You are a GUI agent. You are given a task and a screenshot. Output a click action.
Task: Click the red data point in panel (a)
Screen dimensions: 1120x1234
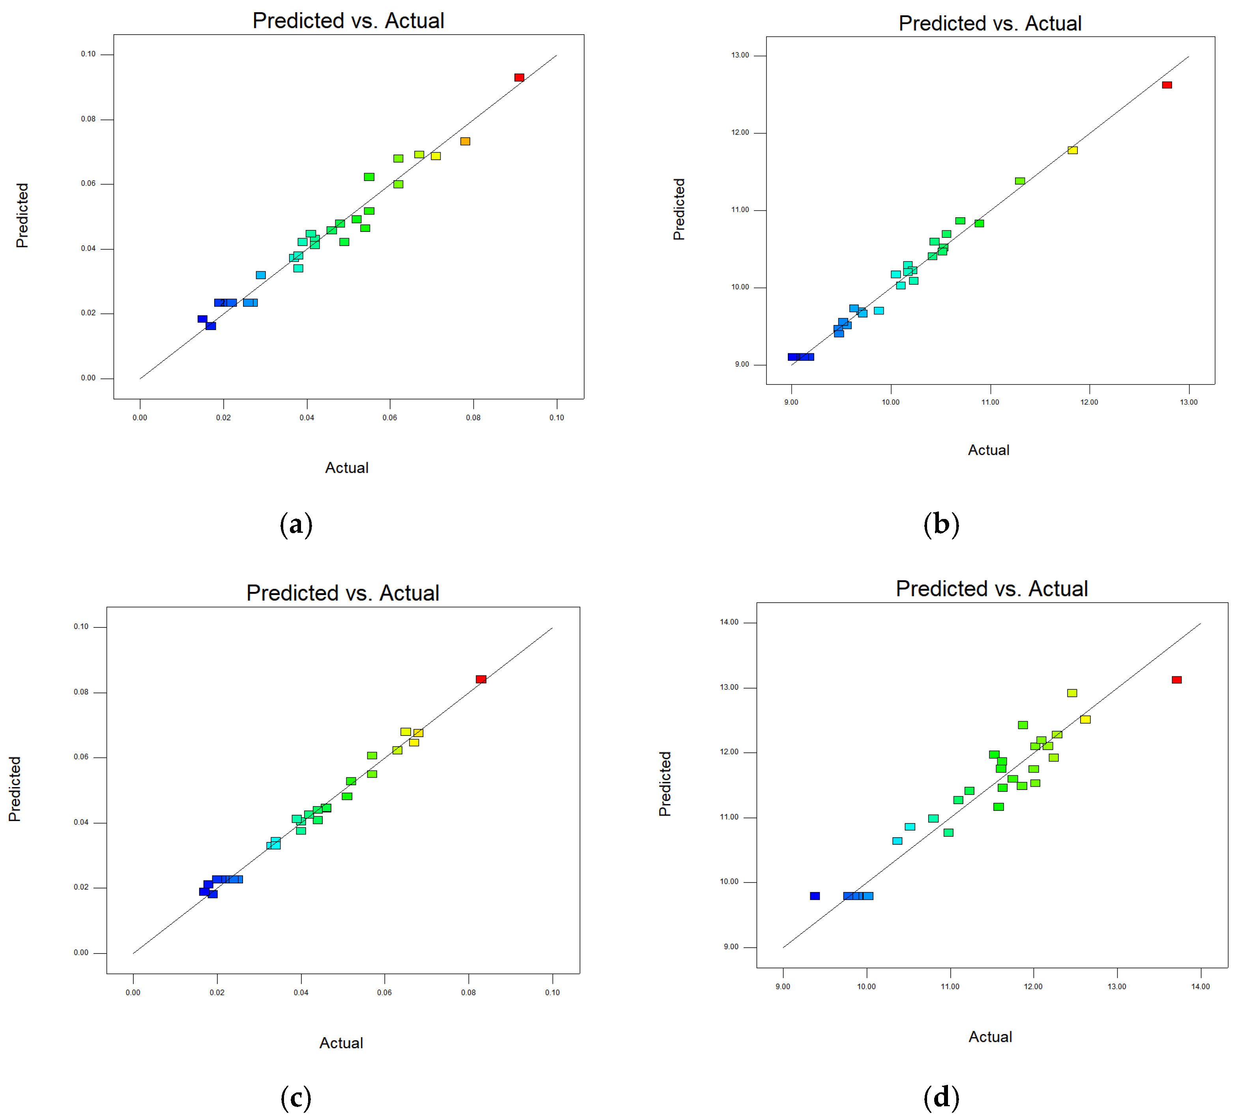pyautogui.click(x=519, y=78)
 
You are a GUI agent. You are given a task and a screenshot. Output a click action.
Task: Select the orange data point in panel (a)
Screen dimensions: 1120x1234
pyautogui.click(x=465, y=141)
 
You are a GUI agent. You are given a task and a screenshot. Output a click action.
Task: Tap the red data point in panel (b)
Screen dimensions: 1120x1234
pyautogui.click(x=1167, y=85)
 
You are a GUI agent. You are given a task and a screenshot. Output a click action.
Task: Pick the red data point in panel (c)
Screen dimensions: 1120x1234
pyautogui.click(x=481, y=679)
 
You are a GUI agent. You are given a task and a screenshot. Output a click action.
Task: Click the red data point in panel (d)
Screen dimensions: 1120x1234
pyautogui.click(x=1176, y=680)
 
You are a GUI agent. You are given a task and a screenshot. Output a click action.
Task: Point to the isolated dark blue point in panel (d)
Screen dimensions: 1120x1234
pyautogui.click(x=815, y=896)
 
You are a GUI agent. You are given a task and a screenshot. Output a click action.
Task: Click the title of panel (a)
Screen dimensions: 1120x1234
pyautogui.click(x=348, y=21)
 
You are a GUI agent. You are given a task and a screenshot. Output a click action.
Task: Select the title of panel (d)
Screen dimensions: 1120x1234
pyautogui.click(x=992, y=589)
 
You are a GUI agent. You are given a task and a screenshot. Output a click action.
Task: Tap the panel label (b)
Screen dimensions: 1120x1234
pyautogui.click(x=941, y=525)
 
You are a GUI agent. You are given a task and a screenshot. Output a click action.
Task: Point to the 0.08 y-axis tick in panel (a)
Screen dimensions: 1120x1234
pyautogui.click(x=89, y=119)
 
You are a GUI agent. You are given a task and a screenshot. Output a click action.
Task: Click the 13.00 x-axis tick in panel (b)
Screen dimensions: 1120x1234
pyautogui.click(x=1189, y=402)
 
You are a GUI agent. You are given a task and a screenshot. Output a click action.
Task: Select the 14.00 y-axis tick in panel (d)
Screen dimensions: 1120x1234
pyautogui.click(x=729, y=622)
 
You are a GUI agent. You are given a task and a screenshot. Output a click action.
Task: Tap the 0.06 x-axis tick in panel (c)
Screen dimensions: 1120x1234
pyautogui.click(x=384, y=993)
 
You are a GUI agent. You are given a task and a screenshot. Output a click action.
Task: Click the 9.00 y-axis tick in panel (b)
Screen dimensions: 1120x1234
pyautogui.click(x=742, y=365)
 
